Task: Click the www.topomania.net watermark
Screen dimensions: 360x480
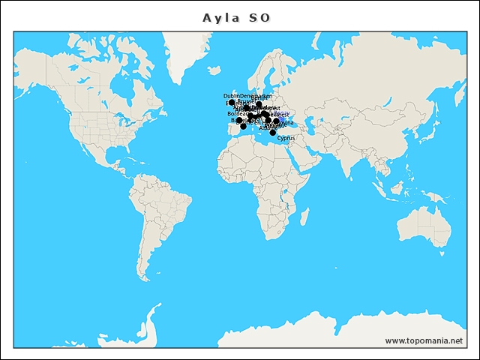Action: [x=424, y=340]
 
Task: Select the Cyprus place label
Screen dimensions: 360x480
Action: [x=286, y=138]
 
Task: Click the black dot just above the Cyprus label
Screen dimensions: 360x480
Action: [x=273, y=133]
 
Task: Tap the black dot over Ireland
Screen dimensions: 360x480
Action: [x=232, y=103]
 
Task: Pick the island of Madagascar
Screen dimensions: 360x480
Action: [x=304, y=217]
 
